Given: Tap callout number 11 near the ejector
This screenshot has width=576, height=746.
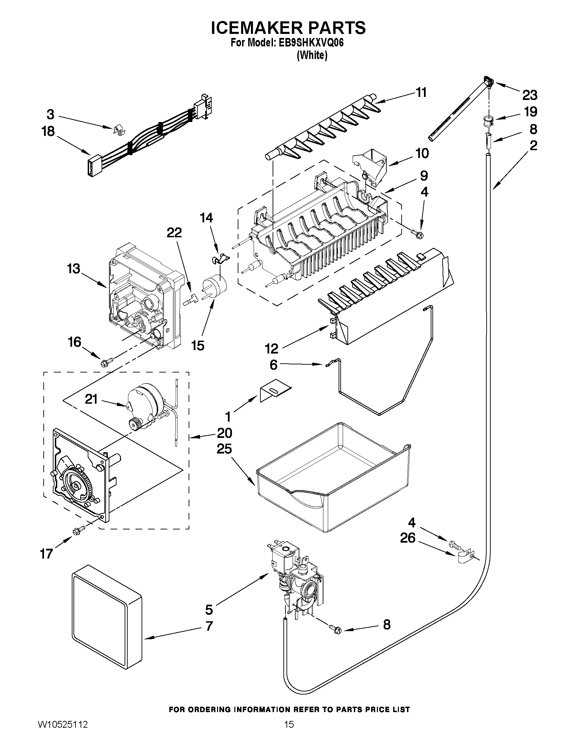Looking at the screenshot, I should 422,93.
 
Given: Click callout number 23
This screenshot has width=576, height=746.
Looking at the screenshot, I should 530,95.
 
